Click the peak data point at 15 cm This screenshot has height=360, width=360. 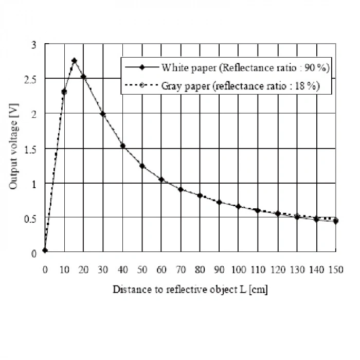tap(74, 61)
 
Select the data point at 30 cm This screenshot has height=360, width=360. tap(103, 114)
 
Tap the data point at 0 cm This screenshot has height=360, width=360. tap(45, 250)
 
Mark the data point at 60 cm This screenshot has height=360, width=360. tap(161, 179)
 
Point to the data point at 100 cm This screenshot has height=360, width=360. tap(239, 206)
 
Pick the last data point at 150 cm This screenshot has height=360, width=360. tap(335, 221)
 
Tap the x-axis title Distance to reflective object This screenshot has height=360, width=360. tap(190, 290)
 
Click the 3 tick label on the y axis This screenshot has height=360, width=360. tap(34, 44)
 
